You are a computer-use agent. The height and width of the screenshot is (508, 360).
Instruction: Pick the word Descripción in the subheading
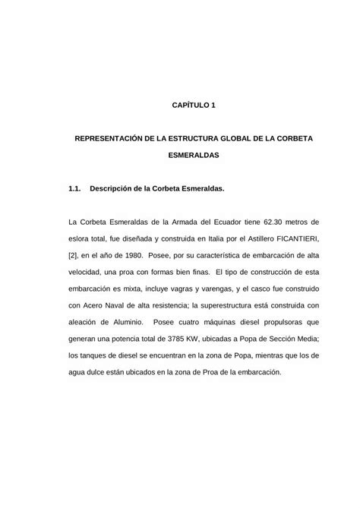(x=113, y=187)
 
